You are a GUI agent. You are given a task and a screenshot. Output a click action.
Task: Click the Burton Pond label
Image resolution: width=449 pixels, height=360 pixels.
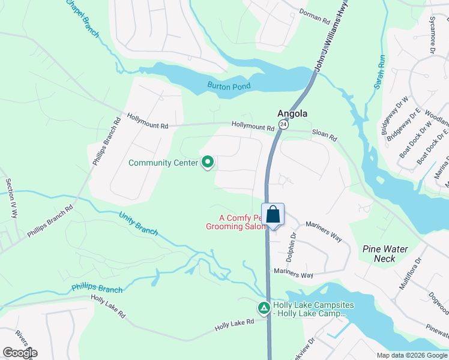tap(229, 86)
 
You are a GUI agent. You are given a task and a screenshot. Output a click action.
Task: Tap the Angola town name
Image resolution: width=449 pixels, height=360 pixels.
tap(292, 113)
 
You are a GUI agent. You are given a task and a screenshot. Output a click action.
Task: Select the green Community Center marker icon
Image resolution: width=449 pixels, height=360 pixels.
tap(208, 162)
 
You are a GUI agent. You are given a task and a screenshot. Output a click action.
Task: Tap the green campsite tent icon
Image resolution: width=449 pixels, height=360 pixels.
tap(264, 308)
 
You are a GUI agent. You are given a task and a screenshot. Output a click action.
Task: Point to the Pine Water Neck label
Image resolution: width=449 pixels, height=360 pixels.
tap(385, 254)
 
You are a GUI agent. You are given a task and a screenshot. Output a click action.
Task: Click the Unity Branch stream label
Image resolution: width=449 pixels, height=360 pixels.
tap(138, 223)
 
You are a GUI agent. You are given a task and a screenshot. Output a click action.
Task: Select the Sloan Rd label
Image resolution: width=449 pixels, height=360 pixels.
tap(324, 135)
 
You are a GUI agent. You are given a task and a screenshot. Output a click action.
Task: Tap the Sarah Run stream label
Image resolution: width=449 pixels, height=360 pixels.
tap(379, 73)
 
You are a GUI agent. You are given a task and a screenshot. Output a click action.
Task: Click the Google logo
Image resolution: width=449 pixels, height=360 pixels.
tap(20, 353)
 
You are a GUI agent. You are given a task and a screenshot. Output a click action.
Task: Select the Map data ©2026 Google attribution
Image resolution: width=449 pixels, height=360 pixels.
tap(412, 355)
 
